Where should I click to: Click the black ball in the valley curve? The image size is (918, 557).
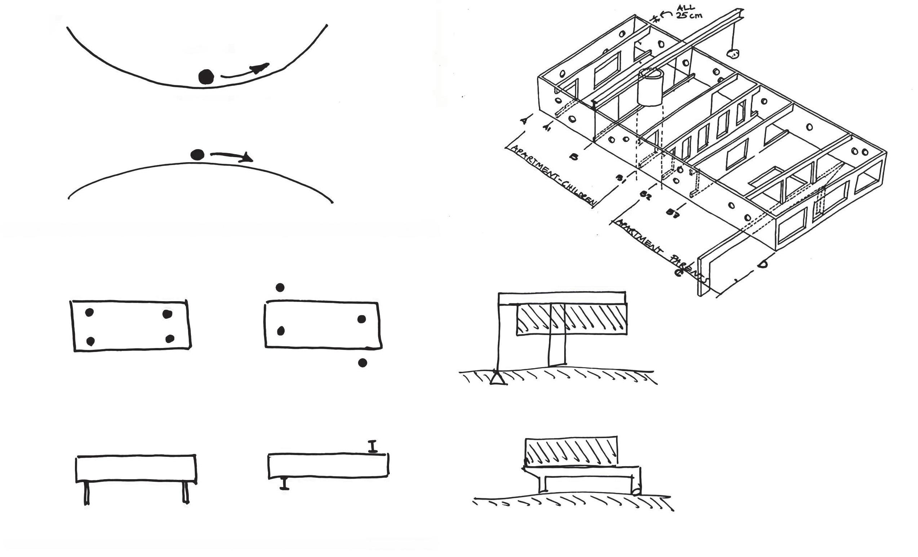(x=206, y=77)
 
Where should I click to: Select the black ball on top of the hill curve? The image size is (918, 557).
(x=197, y=155)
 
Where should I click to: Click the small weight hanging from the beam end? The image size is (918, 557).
(x=732, y=55)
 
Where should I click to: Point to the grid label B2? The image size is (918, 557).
(x=645, y=195)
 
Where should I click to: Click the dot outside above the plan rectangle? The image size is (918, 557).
(x=280, y=287)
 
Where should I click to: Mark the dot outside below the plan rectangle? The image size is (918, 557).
(x=362, y=362)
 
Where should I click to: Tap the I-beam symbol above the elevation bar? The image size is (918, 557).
(x=373, y=446)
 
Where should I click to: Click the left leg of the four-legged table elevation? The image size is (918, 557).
(x=86, y=493)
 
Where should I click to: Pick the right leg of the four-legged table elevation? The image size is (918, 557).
(x=186, y=493)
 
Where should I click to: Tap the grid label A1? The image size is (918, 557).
(x=547, y=128)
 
